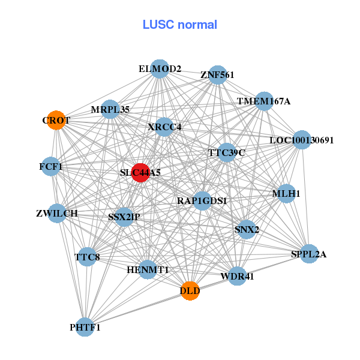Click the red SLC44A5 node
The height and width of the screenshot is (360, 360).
[140, 173]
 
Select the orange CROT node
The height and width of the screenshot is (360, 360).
[56, 120]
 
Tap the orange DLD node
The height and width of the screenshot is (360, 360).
[190, 291]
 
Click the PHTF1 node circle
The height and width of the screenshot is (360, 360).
[85, 327]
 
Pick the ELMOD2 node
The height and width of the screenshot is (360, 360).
[160, 69]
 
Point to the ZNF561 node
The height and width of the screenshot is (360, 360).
[217, 75]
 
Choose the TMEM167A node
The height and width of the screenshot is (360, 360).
[264, 101]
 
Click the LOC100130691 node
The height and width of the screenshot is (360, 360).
[301, 140]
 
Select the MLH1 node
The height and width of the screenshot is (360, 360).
[286, 194]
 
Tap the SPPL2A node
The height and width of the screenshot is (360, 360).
[309, 254]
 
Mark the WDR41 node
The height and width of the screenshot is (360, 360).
[238, 277]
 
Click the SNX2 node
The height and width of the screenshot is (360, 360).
[247, 229]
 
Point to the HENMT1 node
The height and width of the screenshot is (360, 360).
[148, 270]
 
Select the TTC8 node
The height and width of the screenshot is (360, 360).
[87, 257]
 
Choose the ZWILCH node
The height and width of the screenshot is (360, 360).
[56, 213]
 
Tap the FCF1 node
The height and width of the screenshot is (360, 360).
[51, 166]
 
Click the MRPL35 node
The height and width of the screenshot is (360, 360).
[110, 109]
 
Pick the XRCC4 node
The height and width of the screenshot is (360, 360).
[164, 127]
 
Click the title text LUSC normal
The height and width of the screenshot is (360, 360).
[179, 25]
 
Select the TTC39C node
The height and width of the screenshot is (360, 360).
[227, 152]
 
